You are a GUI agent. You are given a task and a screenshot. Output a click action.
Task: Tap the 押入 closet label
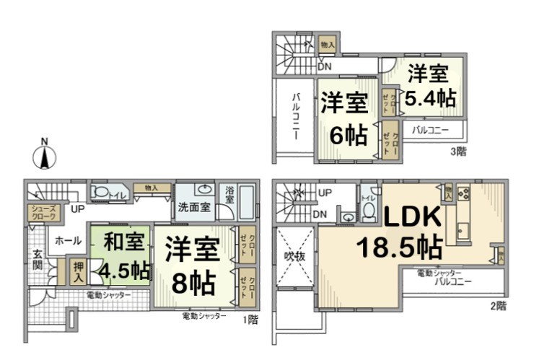click(79, 271)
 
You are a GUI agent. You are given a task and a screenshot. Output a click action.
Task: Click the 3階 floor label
click(458, 151)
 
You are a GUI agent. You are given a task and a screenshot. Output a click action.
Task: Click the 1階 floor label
click(249, 319)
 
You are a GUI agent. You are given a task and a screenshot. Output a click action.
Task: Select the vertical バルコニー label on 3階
click(296, 111)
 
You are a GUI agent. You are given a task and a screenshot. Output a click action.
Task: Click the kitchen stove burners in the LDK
click(463, 193)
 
